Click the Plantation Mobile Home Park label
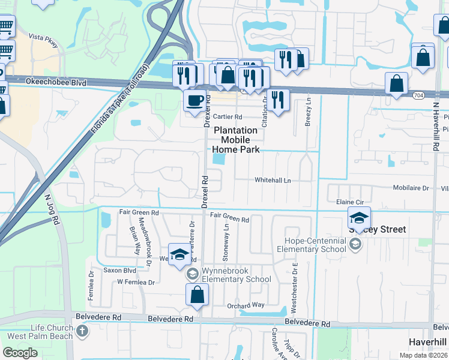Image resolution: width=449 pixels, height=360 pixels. [237, 140]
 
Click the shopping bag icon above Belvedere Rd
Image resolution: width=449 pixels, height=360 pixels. [197, 295]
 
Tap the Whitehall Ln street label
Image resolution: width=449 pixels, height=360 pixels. [272, 180]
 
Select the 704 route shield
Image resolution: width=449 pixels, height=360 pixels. [418, 95]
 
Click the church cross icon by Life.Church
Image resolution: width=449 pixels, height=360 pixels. [82, 331]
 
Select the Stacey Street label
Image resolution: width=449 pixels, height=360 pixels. [378, 229]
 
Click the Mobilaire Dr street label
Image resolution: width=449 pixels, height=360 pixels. [411, 188]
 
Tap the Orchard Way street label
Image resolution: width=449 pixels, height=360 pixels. [246, 305]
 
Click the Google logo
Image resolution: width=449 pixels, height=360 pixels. [20, 353]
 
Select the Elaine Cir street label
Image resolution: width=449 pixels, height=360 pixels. [350, 202]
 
